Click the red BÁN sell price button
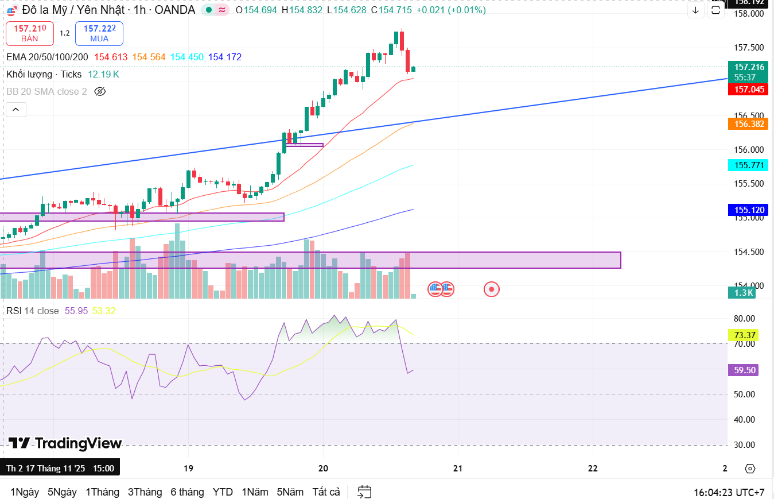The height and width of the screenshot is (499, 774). pos(30,33)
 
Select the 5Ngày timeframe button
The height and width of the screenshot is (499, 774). pos(62,492)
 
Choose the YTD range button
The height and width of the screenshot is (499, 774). pos(223,492)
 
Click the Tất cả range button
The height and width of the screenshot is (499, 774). pos(326,492)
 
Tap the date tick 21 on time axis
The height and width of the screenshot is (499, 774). pos(457,468)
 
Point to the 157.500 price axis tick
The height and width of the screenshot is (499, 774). pos(749,48)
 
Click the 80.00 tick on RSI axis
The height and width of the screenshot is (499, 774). pos(744,319)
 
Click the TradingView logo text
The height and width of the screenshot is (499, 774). pos(65,443)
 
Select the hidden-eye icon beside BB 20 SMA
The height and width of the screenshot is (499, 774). pos(100,91)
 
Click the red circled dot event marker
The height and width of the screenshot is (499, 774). pos(491,289)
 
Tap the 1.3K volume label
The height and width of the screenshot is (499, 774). pos(744,293)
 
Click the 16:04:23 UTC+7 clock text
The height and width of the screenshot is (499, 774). pos(729,492)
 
